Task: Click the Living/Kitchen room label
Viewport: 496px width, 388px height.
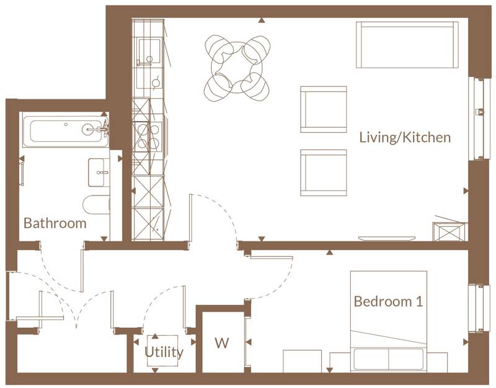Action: (405, 138)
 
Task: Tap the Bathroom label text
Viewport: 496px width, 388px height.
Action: (55, 223)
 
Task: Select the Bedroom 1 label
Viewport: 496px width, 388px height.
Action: (388, 301)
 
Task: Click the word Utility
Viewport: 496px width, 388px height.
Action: (164, 353)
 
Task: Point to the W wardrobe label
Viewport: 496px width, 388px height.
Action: (222, 343)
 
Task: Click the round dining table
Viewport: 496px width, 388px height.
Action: (237, 68)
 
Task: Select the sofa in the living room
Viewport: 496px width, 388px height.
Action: (407, 45)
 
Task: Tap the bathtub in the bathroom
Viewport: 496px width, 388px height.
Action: (65, 132)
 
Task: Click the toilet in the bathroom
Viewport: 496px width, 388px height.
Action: (96, 205)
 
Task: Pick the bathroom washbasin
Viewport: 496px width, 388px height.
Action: (99, 173)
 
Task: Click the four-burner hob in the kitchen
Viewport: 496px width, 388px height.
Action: (148, 137)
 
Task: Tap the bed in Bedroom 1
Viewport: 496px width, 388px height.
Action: (389, 321)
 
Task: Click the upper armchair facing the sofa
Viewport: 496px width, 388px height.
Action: (323, 109)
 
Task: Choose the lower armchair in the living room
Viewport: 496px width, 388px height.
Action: (323, 173)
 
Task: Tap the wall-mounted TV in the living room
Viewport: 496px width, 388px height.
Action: (386, 238)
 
